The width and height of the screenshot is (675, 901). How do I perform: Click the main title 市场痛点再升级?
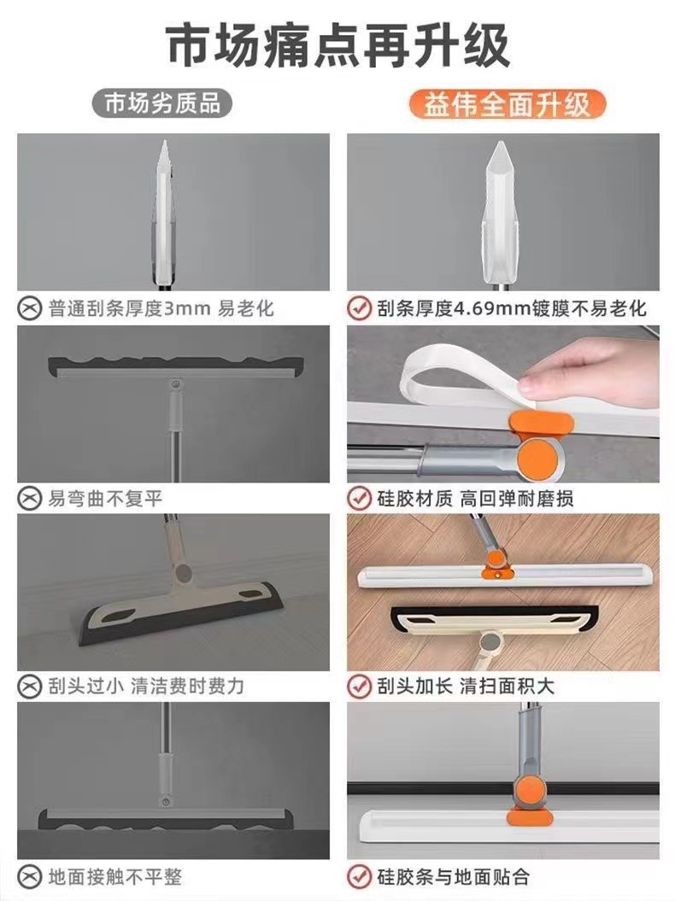[x=337, y=44]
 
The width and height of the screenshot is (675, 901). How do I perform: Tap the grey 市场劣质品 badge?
[x=161, y=103]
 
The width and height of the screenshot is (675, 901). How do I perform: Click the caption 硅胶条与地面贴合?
[x=453, y=876]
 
